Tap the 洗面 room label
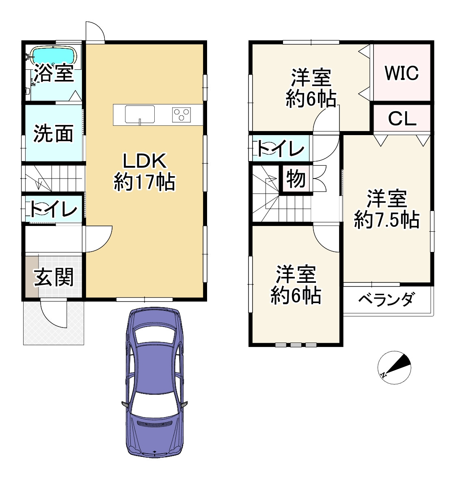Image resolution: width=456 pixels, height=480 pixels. click(54, 133)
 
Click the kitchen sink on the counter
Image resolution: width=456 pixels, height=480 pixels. click(140, 114)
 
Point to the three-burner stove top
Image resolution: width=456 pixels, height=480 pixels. click(182, 114)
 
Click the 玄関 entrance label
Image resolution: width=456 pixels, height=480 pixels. click(54, 278)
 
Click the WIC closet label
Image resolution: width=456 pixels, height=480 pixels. click(401, 73)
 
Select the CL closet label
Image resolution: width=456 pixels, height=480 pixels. click(402, 119)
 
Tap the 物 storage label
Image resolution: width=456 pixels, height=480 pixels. click(296, 179)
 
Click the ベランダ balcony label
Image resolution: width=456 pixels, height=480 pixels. click(386, 300)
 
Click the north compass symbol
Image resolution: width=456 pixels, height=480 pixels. click(394, 367)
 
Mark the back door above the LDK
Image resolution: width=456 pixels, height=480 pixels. click(95, 32)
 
